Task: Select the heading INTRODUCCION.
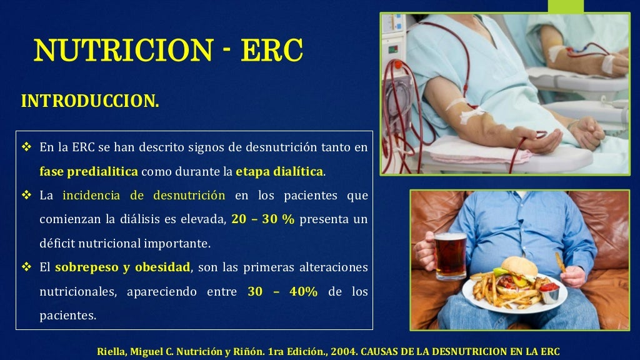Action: click(x=90, y=101)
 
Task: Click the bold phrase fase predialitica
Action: click(x=89, y=171)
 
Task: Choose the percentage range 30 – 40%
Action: click(x=282, y=292)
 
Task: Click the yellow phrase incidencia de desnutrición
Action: click(x=144, y=196)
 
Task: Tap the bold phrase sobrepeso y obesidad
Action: click(x=122, y=267)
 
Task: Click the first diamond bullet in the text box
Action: click(x=26, y=147)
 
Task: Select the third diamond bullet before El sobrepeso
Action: click(x=26, y=267)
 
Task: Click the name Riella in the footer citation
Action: click(x=111, y=351)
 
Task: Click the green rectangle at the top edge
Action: click(x=565, y=6)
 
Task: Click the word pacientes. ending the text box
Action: click(x=68, y=316)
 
